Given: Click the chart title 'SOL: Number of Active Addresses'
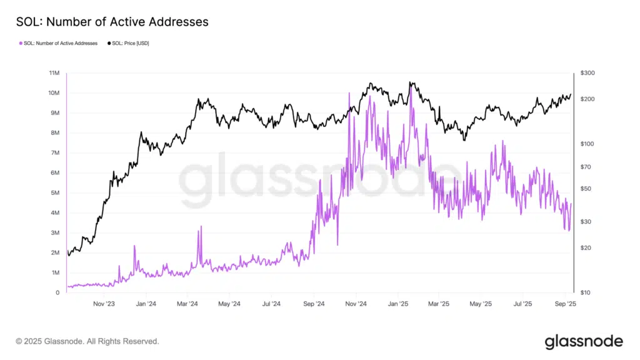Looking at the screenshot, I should (112, 22).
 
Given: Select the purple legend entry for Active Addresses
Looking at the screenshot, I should (60, 43).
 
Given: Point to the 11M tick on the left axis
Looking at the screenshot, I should (54, 73).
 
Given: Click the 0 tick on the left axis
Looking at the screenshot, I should (57, 292).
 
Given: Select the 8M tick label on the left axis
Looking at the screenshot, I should (54, 133).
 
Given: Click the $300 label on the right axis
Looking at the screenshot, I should (587, 73).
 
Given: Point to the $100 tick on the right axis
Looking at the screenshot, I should (587, 144).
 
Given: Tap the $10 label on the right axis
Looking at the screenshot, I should (586, 292).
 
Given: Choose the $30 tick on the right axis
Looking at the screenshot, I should (586, 222).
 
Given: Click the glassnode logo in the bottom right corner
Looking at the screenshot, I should (584, 341).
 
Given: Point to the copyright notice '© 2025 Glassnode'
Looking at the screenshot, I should (87, 342).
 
